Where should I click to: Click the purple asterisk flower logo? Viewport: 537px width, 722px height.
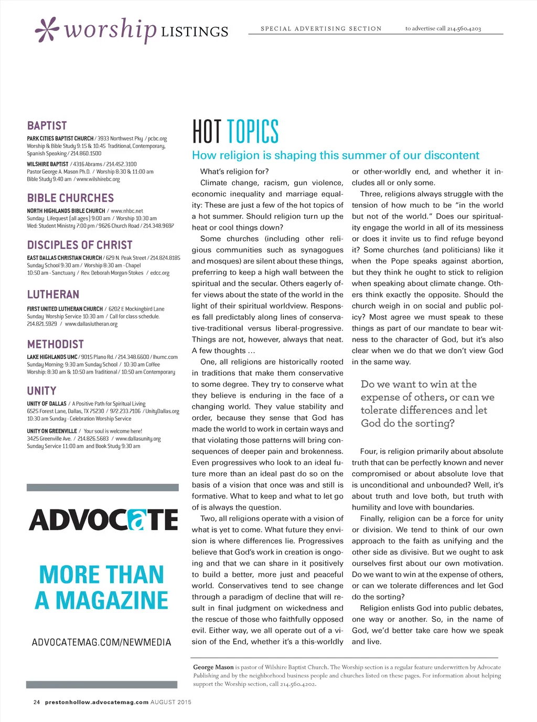[x=46, y=30]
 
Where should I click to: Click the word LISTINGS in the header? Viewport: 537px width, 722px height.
[x=195, y=32]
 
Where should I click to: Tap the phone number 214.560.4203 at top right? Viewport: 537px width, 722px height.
[x=464, y=28]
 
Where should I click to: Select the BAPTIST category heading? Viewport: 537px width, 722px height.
[x=47, y=126]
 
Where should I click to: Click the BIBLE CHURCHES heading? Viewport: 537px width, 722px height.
[x=70, y=198]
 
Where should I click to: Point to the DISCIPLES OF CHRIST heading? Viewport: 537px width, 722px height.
[x=80, y=245]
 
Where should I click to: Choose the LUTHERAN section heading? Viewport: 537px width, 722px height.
[x=53, y=294]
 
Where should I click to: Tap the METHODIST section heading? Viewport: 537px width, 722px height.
[x=56, y=344]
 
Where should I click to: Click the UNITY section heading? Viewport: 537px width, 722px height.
[x=41, y=391]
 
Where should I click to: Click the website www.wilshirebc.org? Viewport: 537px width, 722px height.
[x=99, y=179]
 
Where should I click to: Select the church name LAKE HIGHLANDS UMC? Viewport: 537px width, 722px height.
[x=52, y=357]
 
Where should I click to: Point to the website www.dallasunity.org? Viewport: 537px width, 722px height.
[x=138, y=439]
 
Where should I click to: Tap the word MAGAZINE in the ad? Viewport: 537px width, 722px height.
[x=112, y=600]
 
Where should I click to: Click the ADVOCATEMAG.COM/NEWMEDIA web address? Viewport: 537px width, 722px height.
[x=102, y=642]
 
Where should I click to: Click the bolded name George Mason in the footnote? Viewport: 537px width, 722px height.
[x=213, y=667]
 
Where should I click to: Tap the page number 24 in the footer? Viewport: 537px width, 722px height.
[x=37, y=702]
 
